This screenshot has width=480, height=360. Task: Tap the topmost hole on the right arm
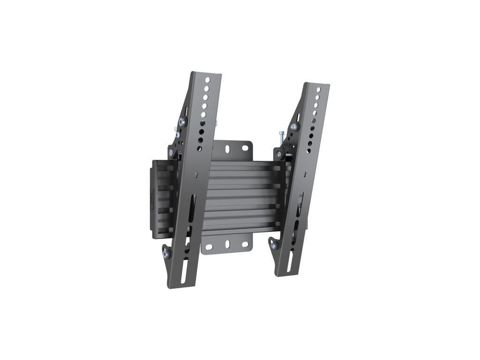click(319, 90)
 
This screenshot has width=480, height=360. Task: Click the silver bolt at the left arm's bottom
click(167, 254)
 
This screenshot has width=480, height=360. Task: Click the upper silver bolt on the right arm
click(293, 127)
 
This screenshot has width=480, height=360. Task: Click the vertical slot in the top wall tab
click(227, 149)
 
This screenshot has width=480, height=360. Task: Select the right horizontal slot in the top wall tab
click(245, 148)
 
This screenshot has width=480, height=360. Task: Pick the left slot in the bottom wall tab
click(210, 247)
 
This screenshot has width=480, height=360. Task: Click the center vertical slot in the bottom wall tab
click(227, 244)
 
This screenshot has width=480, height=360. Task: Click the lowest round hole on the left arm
click(200, 148)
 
